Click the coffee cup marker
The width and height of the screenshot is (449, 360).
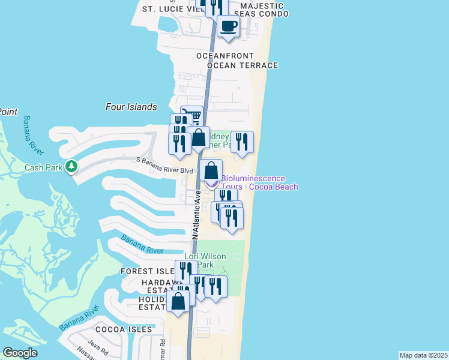(x=228, y=26)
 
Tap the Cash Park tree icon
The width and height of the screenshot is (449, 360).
(x=71, y=166)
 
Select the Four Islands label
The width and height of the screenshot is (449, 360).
(x=131, y=107)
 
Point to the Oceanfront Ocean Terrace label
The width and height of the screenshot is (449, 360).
(x=237, y=61)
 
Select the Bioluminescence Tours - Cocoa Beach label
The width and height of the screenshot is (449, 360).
(x=259, y=182)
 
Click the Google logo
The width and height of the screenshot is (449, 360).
(x=20, y=353)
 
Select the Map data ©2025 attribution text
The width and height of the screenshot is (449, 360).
(x=423, y=355)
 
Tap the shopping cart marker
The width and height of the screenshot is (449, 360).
(x=191, y=115)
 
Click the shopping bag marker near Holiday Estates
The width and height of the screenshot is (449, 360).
(x=178, y=301)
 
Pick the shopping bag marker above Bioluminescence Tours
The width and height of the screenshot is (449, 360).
(x=211, y=170)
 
